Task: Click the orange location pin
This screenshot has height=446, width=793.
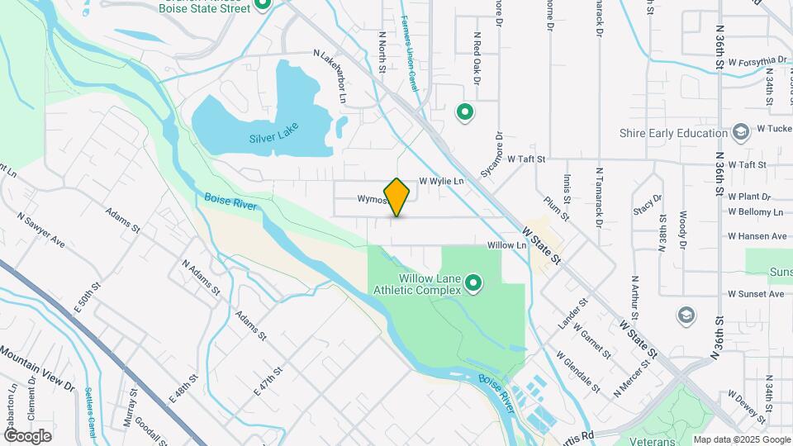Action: pos(397,197)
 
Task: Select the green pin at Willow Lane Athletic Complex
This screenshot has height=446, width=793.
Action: pos(473,283)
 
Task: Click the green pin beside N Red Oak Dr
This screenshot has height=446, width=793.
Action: pos(465,111)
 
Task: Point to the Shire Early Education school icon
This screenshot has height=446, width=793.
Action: pos(741,132)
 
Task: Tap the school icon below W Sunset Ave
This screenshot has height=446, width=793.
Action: pos(686,315)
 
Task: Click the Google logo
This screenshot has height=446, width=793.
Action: pos(27,435)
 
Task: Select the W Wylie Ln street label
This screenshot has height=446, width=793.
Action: pos(442,181)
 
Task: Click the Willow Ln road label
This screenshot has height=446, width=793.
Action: pos(506,245)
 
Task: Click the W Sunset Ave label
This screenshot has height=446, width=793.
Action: pos(755,294)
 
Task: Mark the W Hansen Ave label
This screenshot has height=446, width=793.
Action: pos(755,235)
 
